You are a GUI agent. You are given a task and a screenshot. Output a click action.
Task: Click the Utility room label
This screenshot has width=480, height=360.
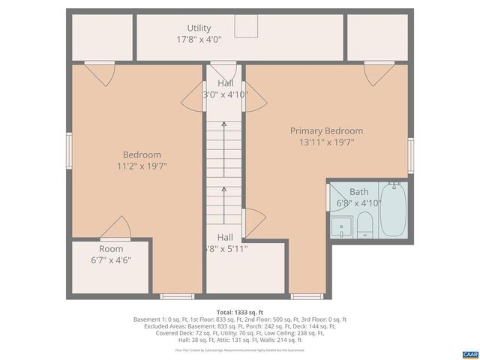pyautogui.click(x=199, y=28)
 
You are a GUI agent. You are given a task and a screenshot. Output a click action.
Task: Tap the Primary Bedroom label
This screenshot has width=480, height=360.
pyautogui.click(x=326, y=130)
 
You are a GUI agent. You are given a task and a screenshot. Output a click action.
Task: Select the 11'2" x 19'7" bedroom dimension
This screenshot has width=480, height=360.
pyautogui.click(x=141, y=166)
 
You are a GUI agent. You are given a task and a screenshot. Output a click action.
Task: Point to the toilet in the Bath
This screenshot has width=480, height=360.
pyautogui.click(x=364, y=224)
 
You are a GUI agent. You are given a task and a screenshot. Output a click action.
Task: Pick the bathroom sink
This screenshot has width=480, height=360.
pyautogui.click(x=342, y=226)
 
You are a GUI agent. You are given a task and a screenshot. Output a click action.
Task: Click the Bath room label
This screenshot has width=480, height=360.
pyautogui.click(x=358, y=192)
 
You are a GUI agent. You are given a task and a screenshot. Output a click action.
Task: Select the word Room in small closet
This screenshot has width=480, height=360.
pyautogui.click(x=111, y=249)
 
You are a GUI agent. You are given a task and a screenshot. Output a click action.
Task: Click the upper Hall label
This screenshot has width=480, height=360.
pyautogui.click(x=225, y=82)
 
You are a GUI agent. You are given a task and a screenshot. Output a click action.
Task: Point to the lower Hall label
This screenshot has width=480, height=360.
pyautogui.click(x=225, y=236)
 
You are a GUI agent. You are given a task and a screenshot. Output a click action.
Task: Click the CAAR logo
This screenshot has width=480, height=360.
pyautogui.click(x=469, y=353)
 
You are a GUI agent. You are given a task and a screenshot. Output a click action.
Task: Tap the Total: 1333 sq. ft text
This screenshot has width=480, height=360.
pyautogui.click(x=239, y=312)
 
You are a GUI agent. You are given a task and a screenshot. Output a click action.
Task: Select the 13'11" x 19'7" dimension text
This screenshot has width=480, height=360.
pyautogui.click(x=326, y=142)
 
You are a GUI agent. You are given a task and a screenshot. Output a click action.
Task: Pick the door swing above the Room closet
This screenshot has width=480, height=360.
pyautogui.click(x=115, y=227)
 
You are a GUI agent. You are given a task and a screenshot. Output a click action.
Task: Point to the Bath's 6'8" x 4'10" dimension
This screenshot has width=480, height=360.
pyautogui.click(x=358, y=202)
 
